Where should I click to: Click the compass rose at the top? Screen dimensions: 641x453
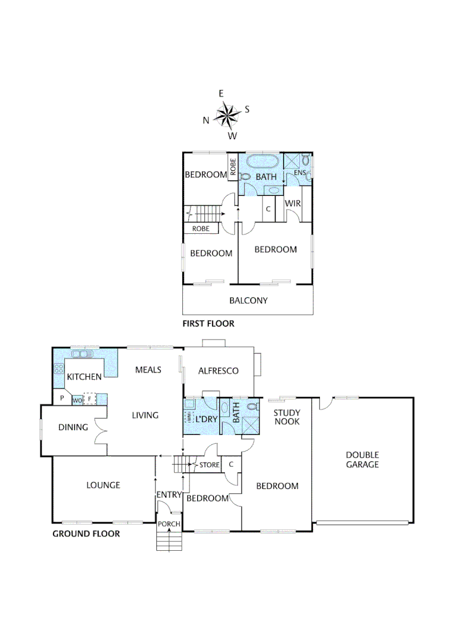tap(226, 115)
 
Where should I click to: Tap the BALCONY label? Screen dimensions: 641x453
tap(248, 300)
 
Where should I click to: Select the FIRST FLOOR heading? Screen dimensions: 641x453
tap(208, 323)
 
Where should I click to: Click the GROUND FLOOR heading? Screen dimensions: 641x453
tap(86, 534)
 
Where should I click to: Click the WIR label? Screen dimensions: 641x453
tap(293, 204)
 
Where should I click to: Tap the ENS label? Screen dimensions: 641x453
tap(299, 173)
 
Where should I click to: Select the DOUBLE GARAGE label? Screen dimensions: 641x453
tap(362, 459)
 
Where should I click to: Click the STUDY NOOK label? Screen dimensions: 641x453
tap(287, 417)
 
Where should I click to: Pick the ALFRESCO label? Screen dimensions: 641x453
tap(219, 371)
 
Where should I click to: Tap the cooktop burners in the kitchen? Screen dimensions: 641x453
tap(59, 368)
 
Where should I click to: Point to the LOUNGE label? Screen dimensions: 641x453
tap(103, 485)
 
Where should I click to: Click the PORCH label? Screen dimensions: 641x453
tap(169, 523)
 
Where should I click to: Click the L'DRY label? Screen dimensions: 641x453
tap(205, 419)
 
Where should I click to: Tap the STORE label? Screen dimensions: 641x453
tap(209, 465)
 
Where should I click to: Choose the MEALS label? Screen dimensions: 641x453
tap(148, 370)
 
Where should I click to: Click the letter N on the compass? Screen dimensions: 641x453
tap(206, 120)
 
